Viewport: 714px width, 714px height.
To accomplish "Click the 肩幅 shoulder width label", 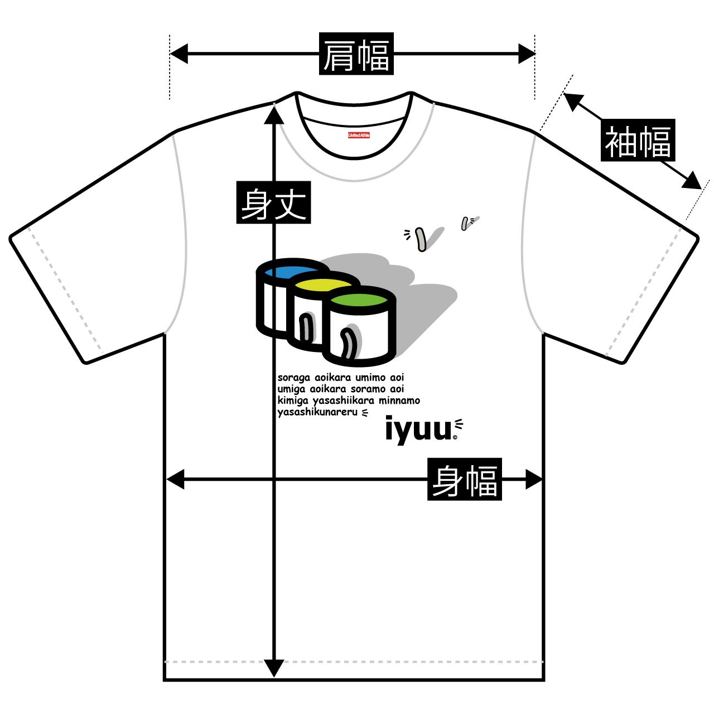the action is (x=356, y=54).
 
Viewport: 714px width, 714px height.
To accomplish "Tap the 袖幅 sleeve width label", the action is (x=639, y=141).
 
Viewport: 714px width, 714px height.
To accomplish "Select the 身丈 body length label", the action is (x=273, y=202).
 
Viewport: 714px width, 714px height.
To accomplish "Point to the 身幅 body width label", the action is (x=465, y=479).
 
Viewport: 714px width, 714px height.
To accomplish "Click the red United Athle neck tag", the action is (x=359, y=135).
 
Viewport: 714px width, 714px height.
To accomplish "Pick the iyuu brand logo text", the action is (x=418, y=431).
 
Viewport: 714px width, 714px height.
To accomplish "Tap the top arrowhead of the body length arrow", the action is (x=274, y=114).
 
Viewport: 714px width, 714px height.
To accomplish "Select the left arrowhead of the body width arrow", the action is (x=175, y=479).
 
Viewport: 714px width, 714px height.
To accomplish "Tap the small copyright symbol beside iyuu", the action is (x=455, y=438).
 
